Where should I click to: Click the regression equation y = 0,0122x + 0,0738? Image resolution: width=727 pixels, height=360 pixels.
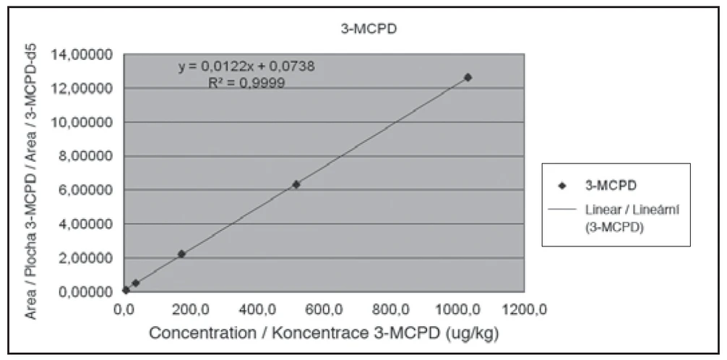246,67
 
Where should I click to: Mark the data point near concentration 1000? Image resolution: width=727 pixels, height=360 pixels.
468,77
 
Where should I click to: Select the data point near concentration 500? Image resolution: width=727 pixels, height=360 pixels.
296,184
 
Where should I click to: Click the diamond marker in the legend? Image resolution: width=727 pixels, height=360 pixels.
562,186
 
